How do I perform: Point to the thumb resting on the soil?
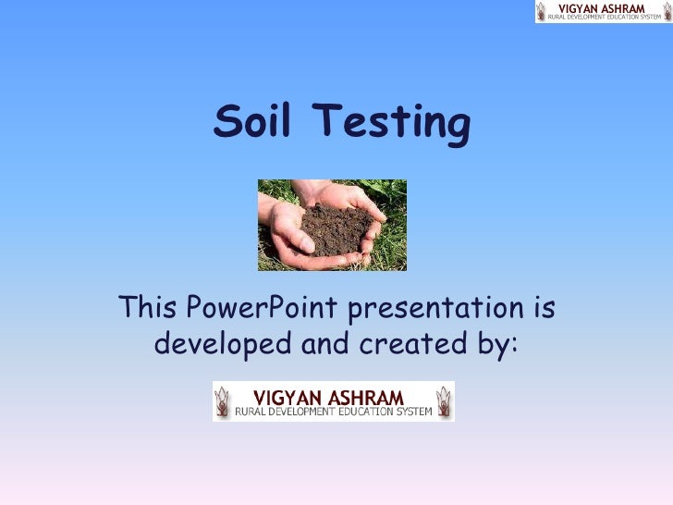[x=294, y=223]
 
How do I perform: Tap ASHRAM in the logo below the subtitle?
[x=366, y=397]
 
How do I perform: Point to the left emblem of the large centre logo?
[x=223, y=402]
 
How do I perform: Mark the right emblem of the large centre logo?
[x=444, y=402]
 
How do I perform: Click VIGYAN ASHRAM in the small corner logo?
[x=605, y=7]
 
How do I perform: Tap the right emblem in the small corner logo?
[x=666, y=11]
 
